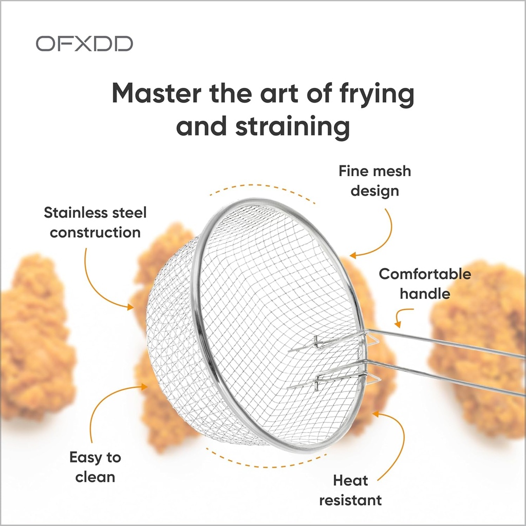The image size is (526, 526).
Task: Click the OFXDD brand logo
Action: click(x=84, y=44)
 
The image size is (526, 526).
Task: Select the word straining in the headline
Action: click(x=292, y=126)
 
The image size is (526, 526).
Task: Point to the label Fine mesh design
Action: click(x=374, y=181)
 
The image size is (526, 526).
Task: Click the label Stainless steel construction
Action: click(x=95, y=222)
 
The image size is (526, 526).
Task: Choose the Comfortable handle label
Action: click(x=425, y=284)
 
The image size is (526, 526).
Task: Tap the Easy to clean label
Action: click(x=95, y=467)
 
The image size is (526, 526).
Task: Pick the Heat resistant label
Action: click(x=350, y=490)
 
